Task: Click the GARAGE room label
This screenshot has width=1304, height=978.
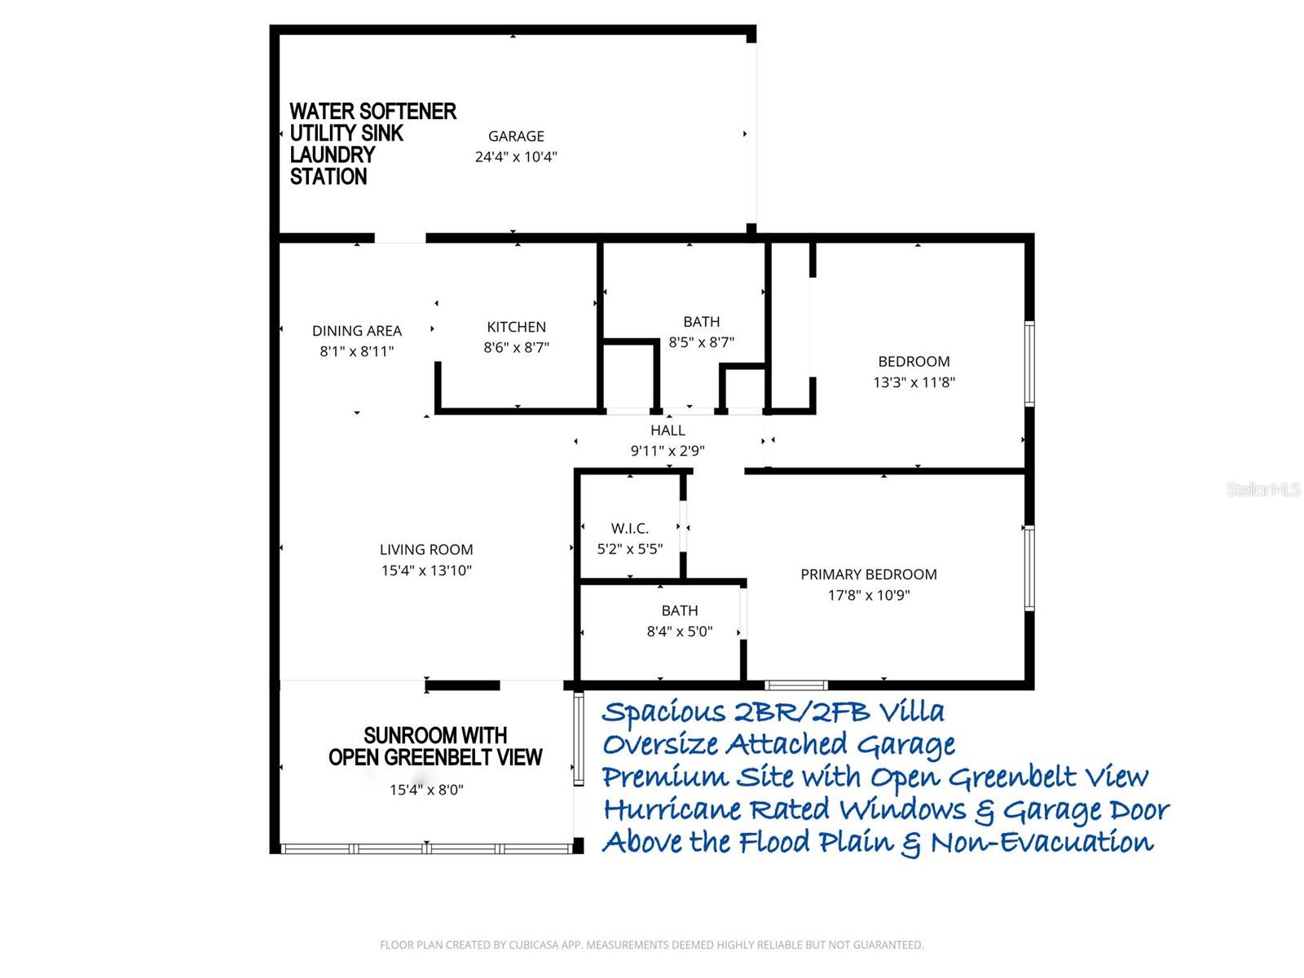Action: point(516,136)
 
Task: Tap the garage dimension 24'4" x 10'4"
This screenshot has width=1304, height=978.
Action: point(516,156)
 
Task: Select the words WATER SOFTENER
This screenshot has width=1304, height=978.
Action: point(372,112)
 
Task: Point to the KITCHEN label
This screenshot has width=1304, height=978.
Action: point(516,327)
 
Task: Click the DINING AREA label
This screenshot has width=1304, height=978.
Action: point(357,331)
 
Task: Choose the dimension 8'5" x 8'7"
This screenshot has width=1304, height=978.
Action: point(701,342)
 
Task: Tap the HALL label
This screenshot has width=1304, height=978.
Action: point(667,430)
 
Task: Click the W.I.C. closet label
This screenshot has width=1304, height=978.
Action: point(630,529)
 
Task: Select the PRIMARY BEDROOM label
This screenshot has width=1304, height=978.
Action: point(868,575)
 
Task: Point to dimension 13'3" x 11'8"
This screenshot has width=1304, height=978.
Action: point(914,382)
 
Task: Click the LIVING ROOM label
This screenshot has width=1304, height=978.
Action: point(426,550)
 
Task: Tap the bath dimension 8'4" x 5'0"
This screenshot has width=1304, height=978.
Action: point(680,632)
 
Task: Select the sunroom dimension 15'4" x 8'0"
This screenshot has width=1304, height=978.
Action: point(426,790)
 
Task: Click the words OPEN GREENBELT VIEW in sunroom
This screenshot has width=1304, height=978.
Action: point(435,758)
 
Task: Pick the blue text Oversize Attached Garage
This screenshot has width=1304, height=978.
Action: point(778,744)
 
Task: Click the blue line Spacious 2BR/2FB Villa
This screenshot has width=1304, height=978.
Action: point(773,711)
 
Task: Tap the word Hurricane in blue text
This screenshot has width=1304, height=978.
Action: point(672,809)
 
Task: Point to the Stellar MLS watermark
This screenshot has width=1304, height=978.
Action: point(1262,489)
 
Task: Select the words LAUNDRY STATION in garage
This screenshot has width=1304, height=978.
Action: point(333,165)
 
